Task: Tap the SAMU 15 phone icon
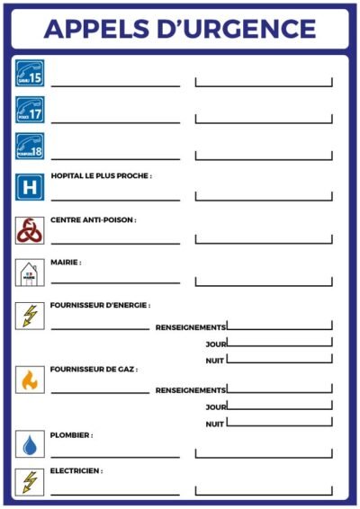pyautogui.click(x=29, y=73)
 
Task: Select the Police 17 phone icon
pyautogui.click(x=29, y=110)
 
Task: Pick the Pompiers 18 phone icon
pyautogui.click(x=29, y=146)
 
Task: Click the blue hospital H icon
pyautogui.click(x=29, y=187)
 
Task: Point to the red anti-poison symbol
pyautogui.click(x=29, y=230)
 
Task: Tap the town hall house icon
pyautogui.click(x=29, y=272)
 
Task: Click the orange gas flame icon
pyautogui.click(x=29, y=380)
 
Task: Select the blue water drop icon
pyautogui.click(x=29, y=444)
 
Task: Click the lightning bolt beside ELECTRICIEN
pyautogui.click(x=29, y=481)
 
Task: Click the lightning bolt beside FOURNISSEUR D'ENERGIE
pyautogui.click(x=29, y=316)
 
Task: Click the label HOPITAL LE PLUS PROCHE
pyautogui.click(x=102, y=176)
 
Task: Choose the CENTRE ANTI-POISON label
pyautogui.click(x=94, y=219)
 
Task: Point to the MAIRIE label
pyautogui.click(x=67, y=263)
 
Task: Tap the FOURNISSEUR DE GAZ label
pyautogui.click(x=94, y=369)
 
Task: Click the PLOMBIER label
pyautogui.click(x=72, y=434)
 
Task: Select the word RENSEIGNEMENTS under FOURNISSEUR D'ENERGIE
pyautogui.click(x=190, y=326)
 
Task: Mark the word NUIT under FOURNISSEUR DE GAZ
pyautogui.click(x=214, y=424)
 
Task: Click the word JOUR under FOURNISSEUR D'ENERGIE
pyautogui.click(x=214, y=344)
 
